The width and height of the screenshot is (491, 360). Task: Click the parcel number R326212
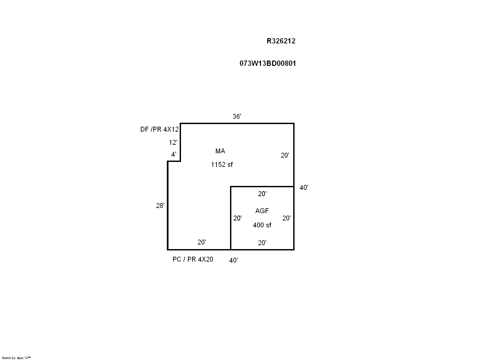point(281,41)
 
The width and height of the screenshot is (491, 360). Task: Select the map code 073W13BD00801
point(268,64)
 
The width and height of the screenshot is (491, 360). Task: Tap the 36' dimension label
point(237,116)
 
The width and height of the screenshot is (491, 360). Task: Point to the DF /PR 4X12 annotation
point(160,129)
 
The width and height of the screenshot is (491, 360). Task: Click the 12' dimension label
point(173,142)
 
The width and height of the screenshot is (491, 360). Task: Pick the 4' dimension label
point(174,154)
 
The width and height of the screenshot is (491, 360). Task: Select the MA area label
point(220,151)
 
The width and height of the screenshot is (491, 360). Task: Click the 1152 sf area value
point(222,165)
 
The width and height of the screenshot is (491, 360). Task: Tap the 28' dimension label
point(160,206)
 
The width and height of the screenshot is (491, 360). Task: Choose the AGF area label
point(262,211)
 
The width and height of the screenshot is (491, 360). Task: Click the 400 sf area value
point(262,225)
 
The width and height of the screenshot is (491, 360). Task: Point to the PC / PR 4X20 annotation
point(193,259)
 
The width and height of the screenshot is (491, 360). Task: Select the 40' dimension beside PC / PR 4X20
point(233,260)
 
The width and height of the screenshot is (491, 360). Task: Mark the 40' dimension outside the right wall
point(304,188)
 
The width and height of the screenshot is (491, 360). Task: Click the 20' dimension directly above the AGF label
point(262,194)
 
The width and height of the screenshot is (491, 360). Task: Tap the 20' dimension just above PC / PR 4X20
point(202,242)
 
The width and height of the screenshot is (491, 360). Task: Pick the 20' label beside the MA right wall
point(285,155)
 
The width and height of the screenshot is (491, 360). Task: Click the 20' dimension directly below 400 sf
point(262,243)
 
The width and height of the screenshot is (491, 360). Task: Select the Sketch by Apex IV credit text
point(16,358)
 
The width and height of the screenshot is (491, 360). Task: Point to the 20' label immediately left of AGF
point(237,218)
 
